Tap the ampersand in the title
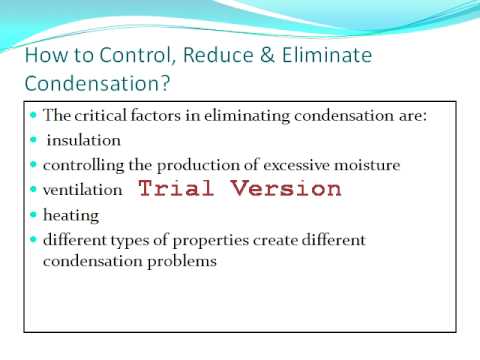(267, 55)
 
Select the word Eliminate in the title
(327, 55)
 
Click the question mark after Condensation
(165, 83)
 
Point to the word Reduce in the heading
(218, 55)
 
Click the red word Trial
(176, 188)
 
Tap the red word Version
(286, 188)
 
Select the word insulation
(84, 140)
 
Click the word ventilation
(83, 190)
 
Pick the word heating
(71, 216)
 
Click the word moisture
(367, 165)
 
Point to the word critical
(100, 115)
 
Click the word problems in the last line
(182, 261)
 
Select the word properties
(211, 241)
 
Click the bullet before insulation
(33, 140)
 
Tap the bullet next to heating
(33, 214)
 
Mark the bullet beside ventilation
(33, 189)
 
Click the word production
(198, 166)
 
